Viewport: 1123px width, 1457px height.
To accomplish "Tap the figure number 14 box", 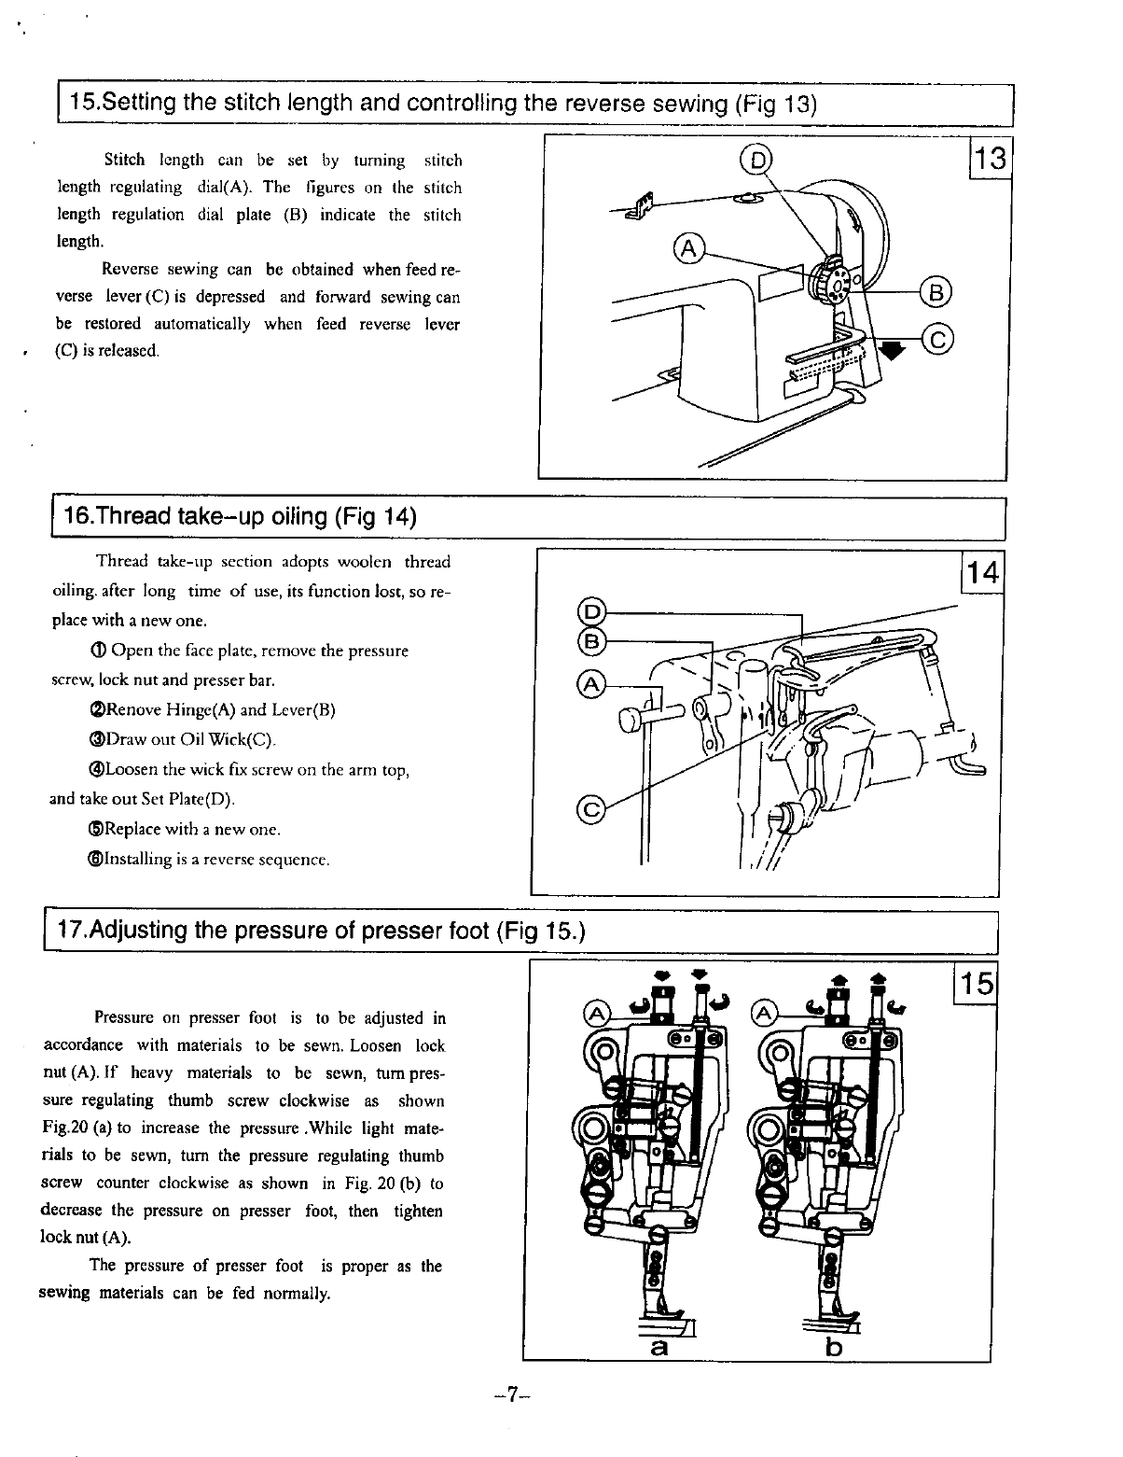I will click(983, 570).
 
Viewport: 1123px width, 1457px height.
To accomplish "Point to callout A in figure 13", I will click(687, 248).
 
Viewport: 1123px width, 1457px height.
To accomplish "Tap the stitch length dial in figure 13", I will click(833, 279).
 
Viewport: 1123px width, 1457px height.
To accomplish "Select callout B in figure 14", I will click(591, 641).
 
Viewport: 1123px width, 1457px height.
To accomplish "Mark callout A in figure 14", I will click(590, 684).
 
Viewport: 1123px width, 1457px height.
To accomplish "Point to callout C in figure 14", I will click(590, 808).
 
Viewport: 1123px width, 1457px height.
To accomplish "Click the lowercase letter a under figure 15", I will click(659, 1348).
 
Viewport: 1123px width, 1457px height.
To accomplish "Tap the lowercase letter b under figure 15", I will click(834, 1348).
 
